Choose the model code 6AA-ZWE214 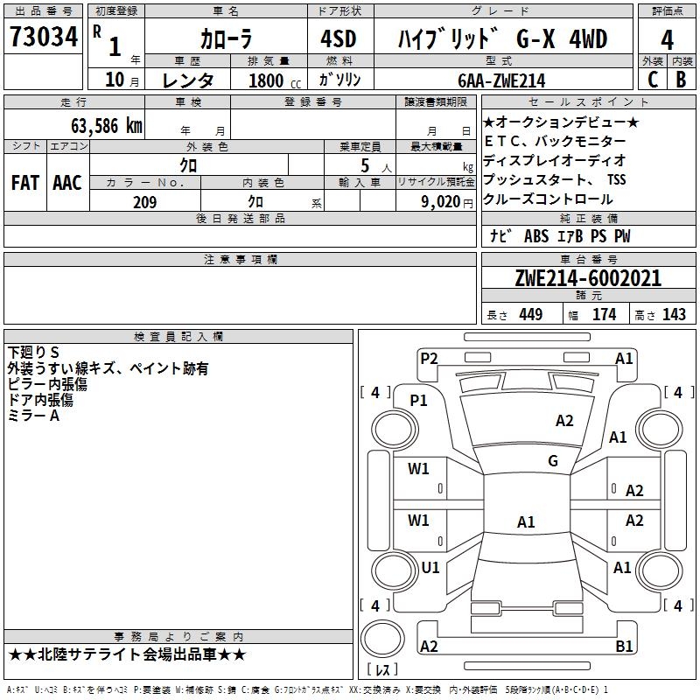click(x=501, y=80)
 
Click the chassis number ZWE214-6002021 click(x=588, y=278)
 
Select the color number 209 click(x=144, y=202)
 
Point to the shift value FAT click(x=25, y=182)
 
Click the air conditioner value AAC click(x=67, y=182)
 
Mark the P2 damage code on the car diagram click(x=429, y=357)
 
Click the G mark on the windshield click(x=553, y=461)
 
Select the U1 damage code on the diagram click(x=430, y=567)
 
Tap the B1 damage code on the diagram click(x=624, y=646)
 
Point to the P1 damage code click(x=419, y=400)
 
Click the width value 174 click(x=605, y=315)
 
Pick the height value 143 click(x=674, y=315)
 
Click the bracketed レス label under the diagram click(x=381, y=670)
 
